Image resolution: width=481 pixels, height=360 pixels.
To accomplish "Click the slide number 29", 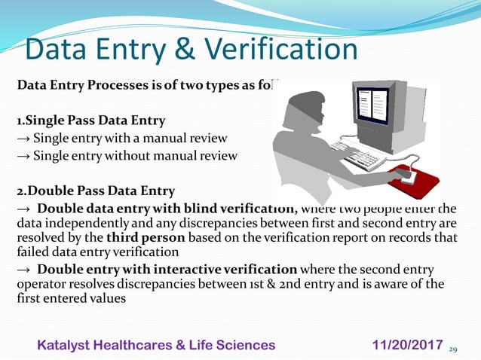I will click(x=453, y=349).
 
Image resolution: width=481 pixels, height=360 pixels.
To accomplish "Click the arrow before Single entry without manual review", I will click(x=23, y=156).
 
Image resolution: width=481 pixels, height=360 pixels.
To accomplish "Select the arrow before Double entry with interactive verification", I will click(x=23, y=270).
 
